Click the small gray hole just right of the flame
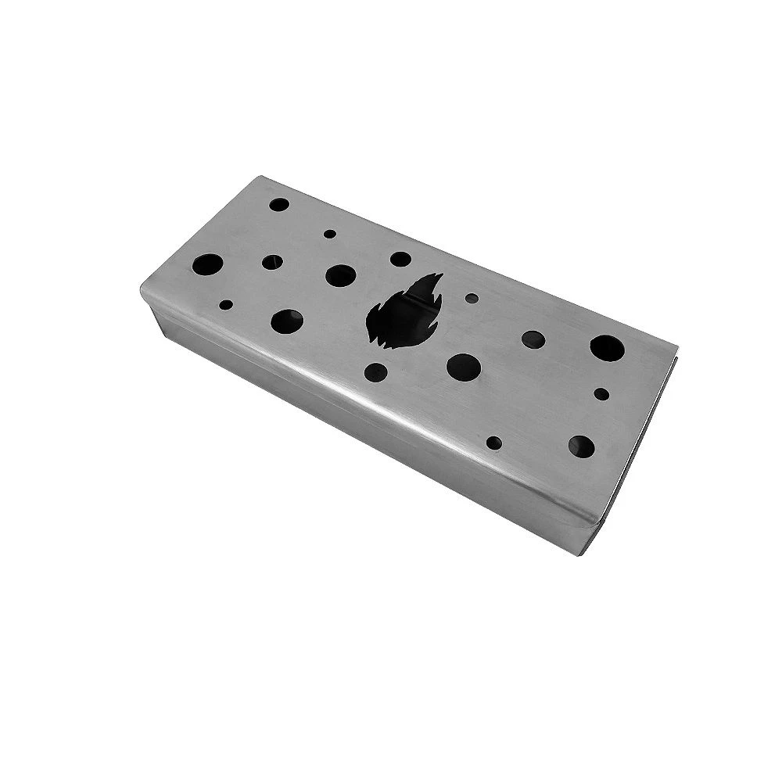click(471, 298)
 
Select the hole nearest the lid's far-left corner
click(279, 205)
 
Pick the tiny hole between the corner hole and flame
click(330, 233)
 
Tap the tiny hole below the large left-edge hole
click(227, 305)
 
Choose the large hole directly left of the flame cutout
click(340, 274)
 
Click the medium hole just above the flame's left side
click(400, 259)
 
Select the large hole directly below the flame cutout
click(463, 364)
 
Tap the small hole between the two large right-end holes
click(601, 393)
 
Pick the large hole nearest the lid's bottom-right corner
click(582, 446)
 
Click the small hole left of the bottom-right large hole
click(496, 443)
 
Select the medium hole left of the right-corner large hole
click(533, 338)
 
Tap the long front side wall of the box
click(375, 438)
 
